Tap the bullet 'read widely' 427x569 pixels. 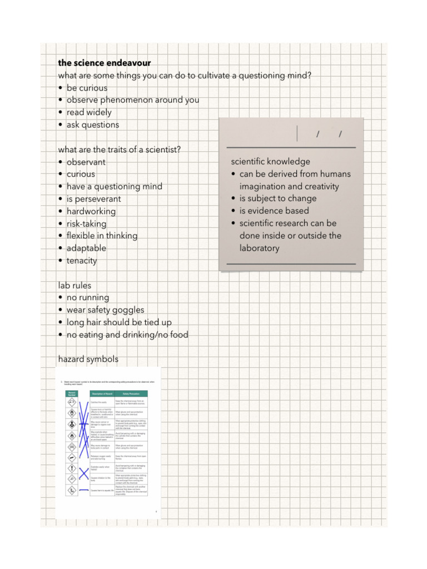click(x=89, y=112)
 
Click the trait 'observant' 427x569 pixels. click(x=86, y=162)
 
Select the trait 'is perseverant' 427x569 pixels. click(x=93, y=199)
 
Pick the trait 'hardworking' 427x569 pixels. click(x=91, y=211)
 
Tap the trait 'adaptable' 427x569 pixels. click(x=86, y=248)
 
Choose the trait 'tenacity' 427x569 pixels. click(x=82, y=261)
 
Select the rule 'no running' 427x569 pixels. click(x=88, y=298)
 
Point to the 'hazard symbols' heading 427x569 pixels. click(x=88, y=360)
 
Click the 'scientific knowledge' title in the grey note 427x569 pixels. click(x=270, y=162)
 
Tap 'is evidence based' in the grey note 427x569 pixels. click(x=274, y=211)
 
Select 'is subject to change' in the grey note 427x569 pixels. click(x=278, y=198)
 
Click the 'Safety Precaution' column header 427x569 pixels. click(x=131, y=393)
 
